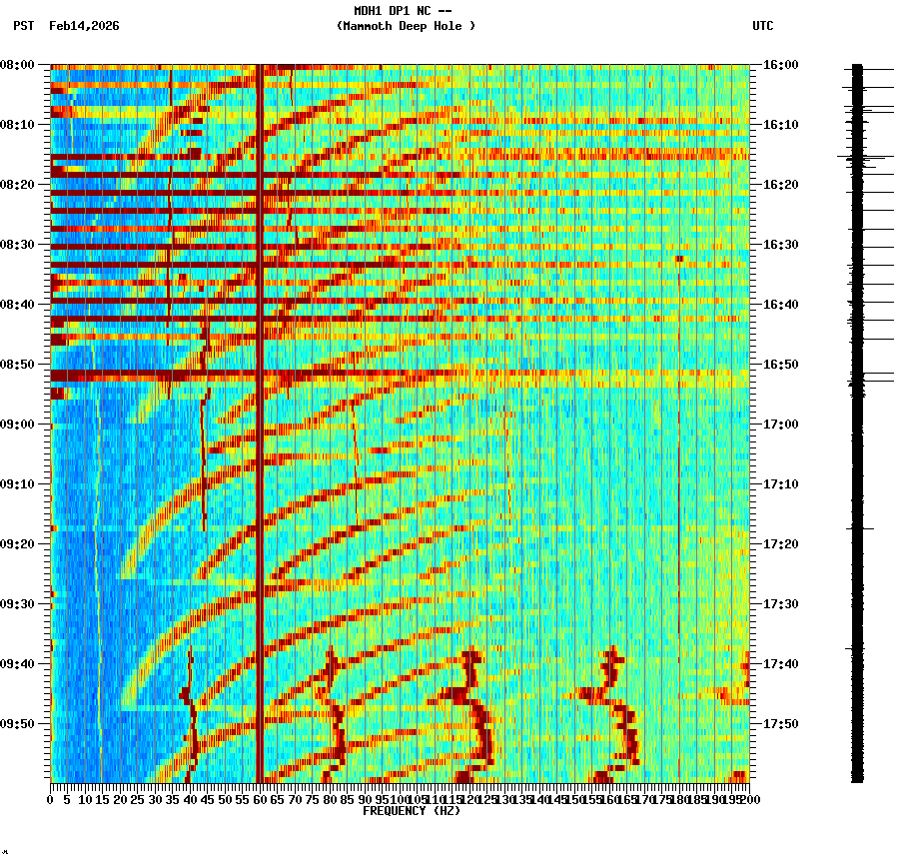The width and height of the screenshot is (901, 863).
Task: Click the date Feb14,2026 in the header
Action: [x=84, y=26]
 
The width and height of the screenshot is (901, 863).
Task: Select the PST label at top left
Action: [x=24, y=26]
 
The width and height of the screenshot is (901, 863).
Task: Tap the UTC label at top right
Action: [x=762, y=26]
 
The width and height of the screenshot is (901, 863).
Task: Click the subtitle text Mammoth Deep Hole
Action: [x=406, y=26]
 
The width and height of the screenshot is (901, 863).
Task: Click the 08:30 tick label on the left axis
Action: [x=17, y=245]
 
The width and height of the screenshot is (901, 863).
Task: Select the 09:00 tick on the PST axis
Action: [x=17, y=425]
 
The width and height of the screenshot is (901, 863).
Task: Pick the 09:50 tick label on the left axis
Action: [x=17, y=724]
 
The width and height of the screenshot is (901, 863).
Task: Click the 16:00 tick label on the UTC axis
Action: [x=780, y=65]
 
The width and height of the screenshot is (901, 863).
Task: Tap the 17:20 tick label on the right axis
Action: [x=780, y=544]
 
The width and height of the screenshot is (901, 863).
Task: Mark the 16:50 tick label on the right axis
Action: [x=780, y=365]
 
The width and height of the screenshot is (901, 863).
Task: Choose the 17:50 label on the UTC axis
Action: [x=780, y=724]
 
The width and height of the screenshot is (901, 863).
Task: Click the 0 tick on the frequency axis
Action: [x=51, y=799]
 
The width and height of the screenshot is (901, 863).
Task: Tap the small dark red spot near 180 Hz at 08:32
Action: [x=679, y=259]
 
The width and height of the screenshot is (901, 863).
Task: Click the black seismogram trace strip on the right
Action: [x=857, y=420]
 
